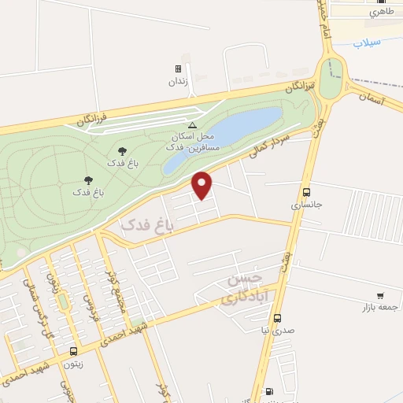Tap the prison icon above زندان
(x=178, y=69)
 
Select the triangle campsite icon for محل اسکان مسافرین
(x=191, y=125)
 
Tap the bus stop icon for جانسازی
(x=306, y=192)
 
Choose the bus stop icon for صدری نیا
(x=277, y=318)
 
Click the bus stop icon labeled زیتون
(x=73, y=351)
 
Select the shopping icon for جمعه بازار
(x=381, y=296)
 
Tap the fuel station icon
(x=270, y=391)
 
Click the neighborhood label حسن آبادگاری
(x=240, y=289)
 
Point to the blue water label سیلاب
(x=367, y=42)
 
